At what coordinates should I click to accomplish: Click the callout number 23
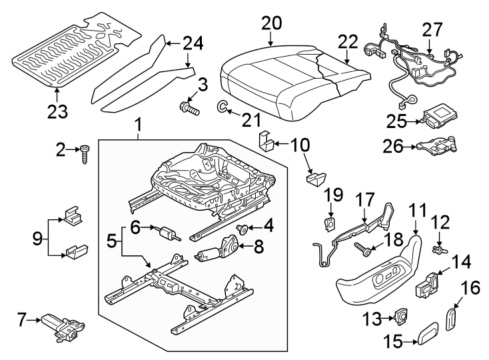[57, 111]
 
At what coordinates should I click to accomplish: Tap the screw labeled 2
[86, 153]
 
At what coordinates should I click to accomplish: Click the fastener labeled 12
[439, 251]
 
